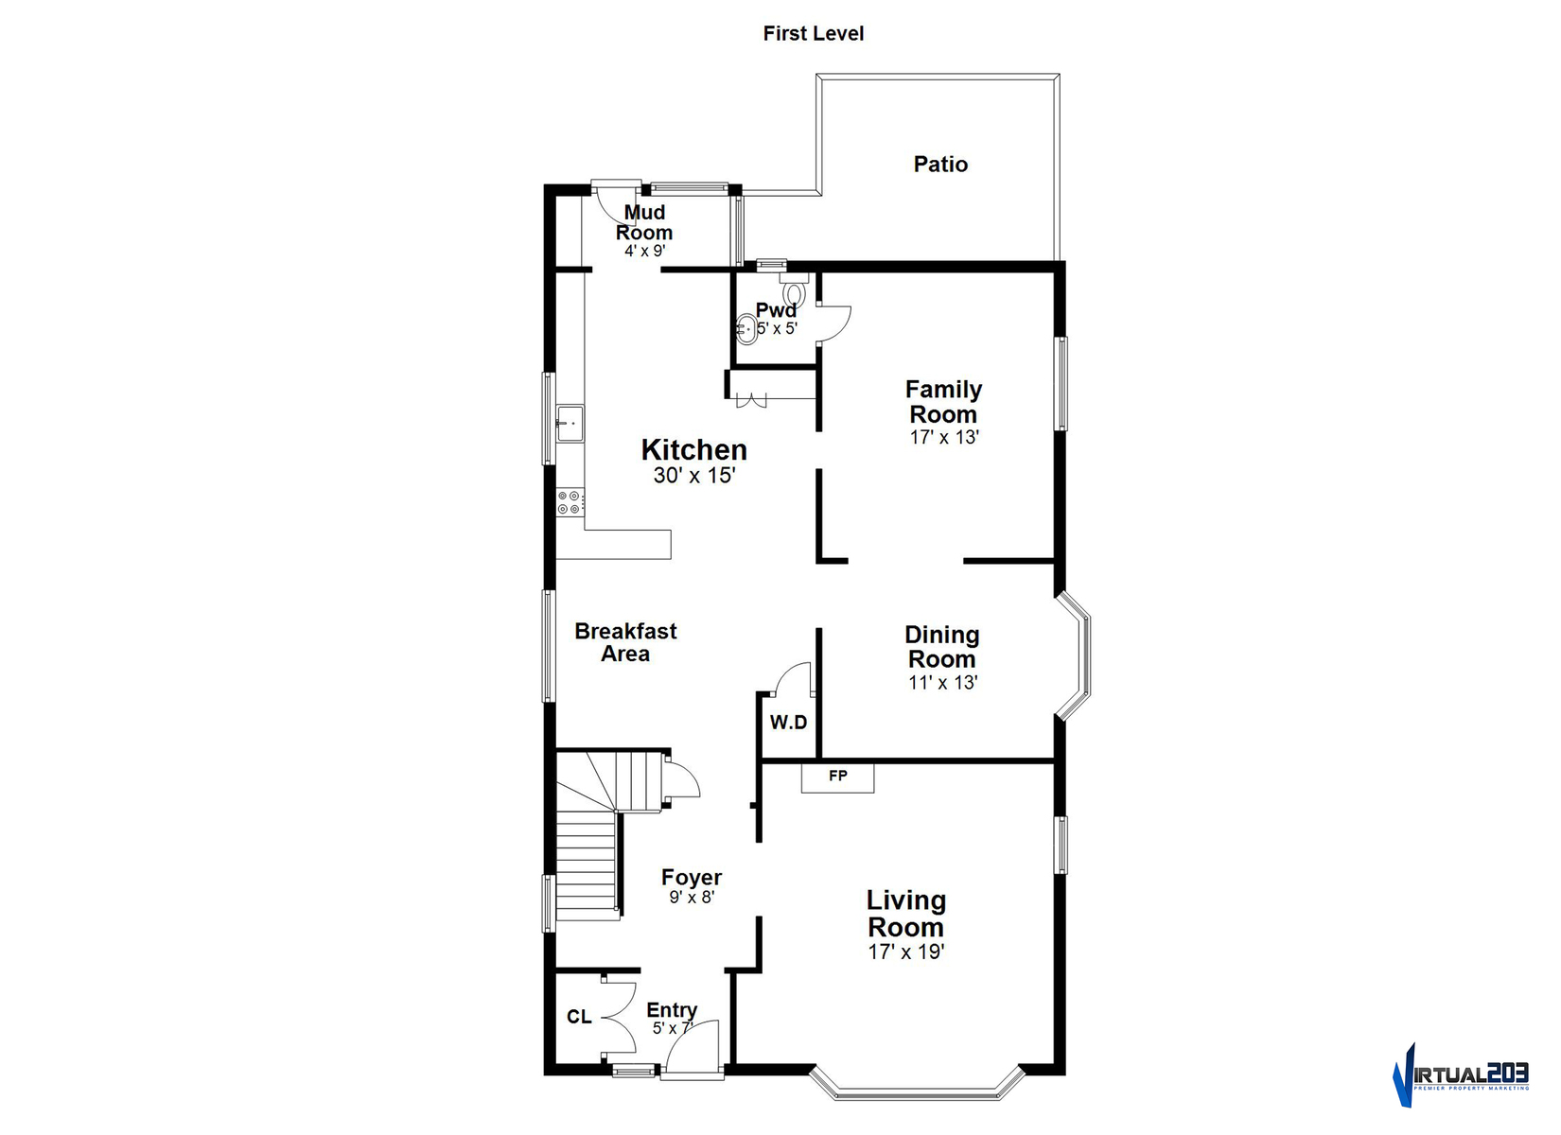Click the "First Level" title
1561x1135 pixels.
coord(813,33)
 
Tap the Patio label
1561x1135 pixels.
coord(940,165)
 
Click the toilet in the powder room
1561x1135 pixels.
coord(794,290)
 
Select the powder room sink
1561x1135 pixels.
coord(746,328)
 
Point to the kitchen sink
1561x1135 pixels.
coord(570,423)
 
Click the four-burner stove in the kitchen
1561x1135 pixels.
coord(570,502)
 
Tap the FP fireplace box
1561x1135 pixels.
coord(837,777)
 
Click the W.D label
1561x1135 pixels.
coord(788,722)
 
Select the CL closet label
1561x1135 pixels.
coord(579,1017)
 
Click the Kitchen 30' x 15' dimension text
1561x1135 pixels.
coord(694,475)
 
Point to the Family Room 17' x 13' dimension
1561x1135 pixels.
coord(944,438)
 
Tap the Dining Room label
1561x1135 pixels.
coord(942,647)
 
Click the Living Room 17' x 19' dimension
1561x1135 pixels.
coord(906,952)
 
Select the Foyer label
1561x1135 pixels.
coord(692,877)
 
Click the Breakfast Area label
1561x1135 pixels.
coord(625,641)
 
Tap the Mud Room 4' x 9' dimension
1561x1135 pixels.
coord(644,251)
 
